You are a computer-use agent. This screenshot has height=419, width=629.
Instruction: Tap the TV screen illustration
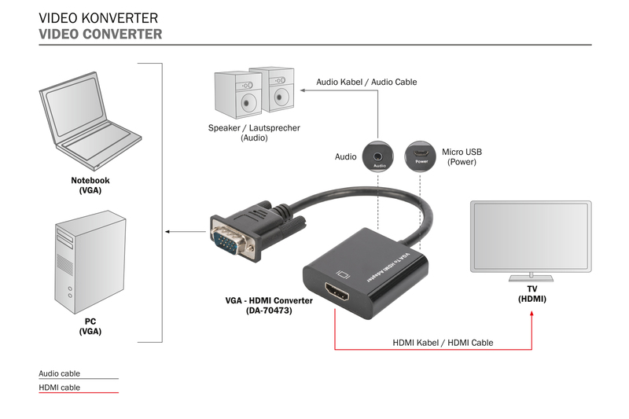pyautogui.click(x=530, y=236)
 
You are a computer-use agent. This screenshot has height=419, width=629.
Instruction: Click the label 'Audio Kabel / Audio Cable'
pyautogui.click(x=366, y=82)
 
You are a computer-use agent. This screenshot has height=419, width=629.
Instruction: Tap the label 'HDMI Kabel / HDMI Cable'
pyautogui.click(x=442, y=343)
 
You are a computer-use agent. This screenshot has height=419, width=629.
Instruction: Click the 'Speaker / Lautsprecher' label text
pyautogui.click(x=254, y=127)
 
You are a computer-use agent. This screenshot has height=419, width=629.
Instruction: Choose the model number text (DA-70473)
pyautogui.click(x=269, y=311)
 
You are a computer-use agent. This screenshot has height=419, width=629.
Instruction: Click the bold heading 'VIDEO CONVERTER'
pyautogui.click(x=101, y=34)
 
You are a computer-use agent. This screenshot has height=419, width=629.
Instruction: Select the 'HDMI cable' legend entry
pyautogui.click(x=59, y=388)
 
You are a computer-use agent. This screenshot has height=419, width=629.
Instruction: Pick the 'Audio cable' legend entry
pyautogui.click(x=59, y=373)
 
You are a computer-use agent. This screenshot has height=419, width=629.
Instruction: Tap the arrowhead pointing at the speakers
pyautogui.click(x=303, y=92)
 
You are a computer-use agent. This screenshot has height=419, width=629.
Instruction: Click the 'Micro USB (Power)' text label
pyautogui.click(x=462, y=156)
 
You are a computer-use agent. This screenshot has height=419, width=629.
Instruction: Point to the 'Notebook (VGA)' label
pyautogui.click(x=90, y=186)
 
